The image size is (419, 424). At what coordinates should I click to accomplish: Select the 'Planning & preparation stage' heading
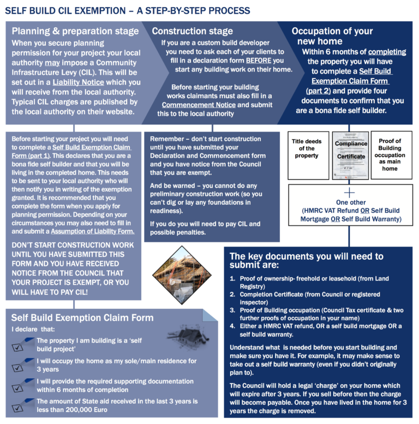point(75,31)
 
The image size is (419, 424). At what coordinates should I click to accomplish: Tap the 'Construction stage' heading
point(192,31)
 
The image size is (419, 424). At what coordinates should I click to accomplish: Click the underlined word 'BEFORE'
point(258,60)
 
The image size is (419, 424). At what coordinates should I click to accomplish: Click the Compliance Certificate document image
point(350,148)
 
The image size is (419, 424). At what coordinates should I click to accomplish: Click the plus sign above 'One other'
point(350,193)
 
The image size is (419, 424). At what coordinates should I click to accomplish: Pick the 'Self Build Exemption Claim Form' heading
point(82,318)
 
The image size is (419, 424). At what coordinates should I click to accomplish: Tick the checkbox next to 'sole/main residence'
point(22,364)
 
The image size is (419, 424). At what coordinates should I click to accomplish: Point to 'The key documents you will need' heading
point(306,260)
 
